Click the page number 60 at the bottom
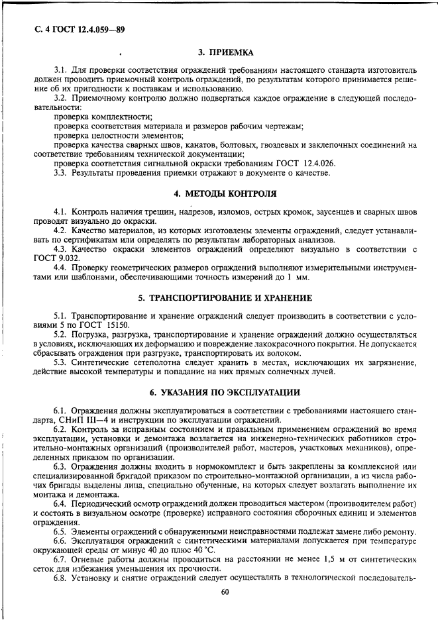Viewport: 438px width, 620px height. tap(225, 592)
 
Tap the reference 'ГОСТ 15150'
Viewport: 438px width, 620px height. tap(107, 325)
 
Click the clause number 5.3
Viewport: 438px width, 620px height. tap(62, 362)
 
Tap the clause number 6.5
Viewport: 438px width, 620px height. tap(62, 532)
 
